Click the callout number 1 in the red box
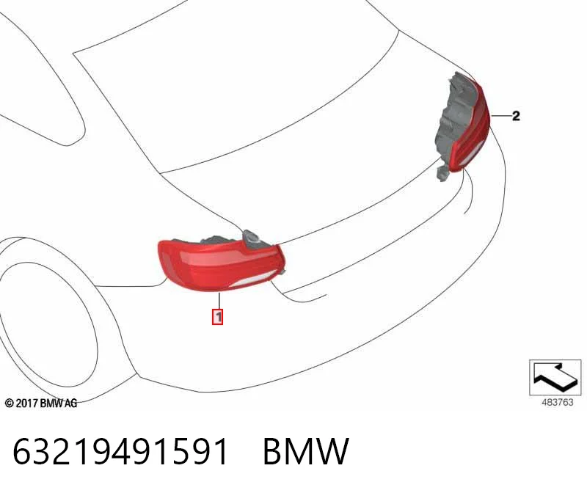tap(217, 317)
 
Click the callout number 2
tap(516, 116)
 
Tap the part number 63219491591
tap(120, 451)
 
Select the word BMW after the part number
tap(306, 451)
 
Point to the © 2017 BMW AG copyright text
tap(41, 403)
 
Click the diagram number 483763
tap(558, 403)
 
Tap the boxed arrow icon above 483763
tap(555, 377)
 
